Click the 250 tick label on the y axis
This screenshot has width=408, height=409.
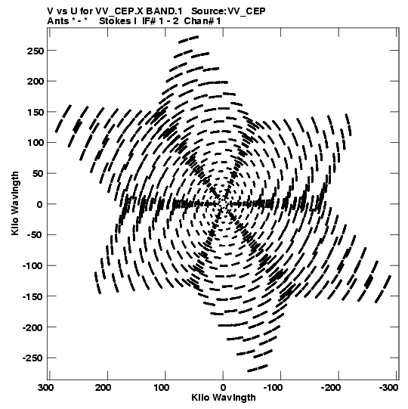coord(36,51)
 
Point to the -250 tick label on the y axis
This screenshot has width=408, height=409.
coord(32,358)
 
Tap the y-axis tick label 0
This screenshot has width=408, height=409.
coord(39,204)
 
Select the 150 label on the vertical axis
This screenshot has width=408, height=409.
coord(36,112)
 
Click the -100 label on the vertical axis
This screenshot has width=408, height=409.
coord(32,266)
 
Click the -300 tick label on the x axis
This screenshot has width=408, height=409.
coord(388,388)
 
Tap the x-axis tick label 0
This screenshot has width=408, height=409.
coord(223,388)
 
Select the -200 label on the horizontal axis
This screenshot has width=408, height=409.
coord(331,388)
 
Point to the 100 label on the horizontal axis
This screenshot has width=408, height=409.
coord(162,388)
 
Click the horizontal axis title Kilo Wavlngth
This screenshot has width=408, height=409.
coord(224,398)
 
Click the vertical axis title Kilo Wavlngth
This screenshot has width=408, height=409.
coord(15,203)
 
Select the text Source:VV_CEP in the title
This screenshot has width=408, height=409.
coord(228,12)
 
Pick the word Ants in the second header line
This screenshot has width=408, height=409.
coord(57,21)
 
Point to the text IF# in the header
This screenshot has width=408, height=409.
coord(149,21)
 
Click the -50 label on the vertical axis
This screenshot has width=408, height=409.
coord(36,235)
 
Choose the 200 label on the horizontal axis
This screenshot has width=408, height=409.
coord(104,388)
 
